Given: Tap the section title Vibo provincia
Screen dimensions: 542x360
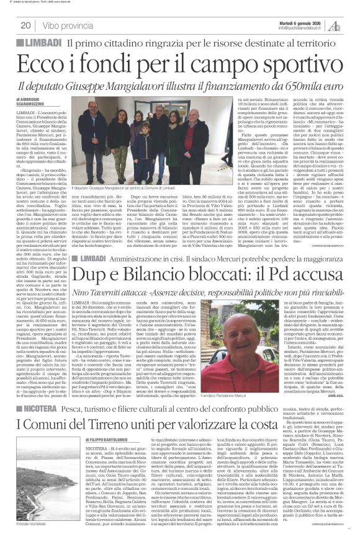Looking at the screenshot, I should pos(68,25).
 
